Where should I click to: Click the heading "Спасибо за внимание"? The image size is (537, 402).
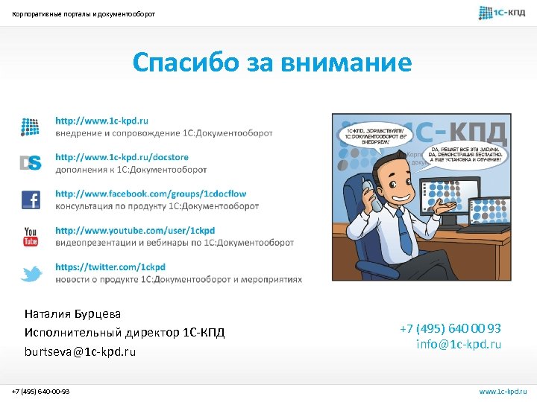click(271, 63)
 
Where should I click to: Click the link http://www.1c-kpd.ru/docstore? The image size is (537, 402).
click(122, 157)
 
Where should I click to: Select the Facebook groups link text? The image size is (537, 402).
click(150, 194)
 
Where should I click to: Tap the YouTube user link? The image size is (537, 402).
click(135, 231)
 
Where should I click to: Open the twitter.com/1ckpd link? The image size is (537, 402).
click(110, 267)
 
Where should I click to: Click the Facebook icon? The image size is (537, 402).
click(31, 200)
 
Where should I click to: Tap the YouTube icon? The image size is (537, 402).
click(31, 237)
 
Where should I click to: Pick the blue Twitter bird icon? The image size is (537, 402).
click(31, 274)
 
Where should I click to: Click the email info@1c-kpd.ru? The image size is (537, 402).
click(459, 344)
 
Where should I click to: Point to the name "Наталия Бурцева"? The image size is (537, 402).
click(72, 314)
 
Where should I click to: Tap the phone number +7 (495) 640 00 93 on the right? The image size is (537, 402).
click(450, 328)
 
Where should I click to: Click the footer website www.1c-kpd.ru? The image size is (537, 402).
click(503, 391)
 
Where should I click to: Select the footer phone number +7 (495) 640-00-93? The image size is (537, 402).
click(41, 391)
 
